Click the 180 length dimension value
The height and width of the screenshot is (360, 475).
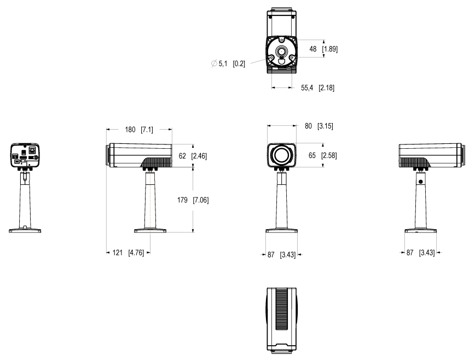(x=130, y=130)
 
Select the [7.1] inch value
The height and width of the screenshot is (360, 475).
(x=147, y=130)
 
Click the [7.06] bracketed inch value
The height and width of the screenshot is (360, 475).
(x=200, y=200)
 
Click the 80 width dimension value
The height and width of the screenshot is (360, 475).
(x=309, y=126)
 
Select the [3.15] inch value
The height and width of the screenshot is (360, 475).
(x=325, y=126)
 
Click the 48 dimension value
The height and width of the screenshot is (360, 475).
(x=313, y=49)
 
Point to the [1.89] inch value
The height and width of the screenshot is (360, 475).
(x=329, y=49)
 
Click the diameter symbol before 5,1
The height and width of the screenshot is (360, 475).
(x=213, y=64)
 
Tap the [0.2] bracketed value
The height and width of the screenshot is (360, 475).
(x=239, y=64)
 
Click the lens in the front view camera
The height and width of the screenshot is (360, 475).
(x=282, y=155)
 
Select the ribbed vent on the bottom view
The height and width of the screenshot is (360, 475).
(x=282, y=309)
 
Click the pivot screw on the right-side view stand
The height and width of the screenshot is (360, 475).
(x=420, y=181)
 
